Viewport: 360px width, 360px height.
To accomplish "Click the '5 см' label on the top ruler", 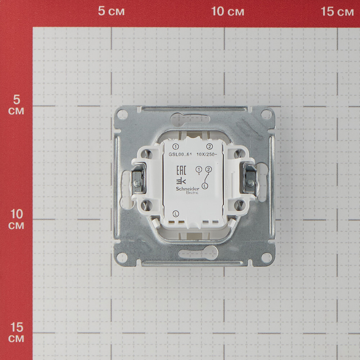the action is pyautogui.click(x=111, y=11).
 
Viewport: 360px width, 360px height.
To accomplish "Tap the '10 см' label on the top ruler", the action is pyautogui.click(x=228, y=11).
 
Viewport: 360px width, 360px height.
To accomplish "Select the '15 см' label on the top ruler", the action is pyautogui.click(x=337, y=11).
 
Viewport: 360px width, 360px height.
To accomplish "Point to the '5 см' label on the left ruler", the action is pyautogui.click(x=16, y=105).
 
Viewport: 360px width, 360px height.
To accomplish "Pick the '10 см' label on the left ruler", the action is pyautogui.click(x=16, y=219).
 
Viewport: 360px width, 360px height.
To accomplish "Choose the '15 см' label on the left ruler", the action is pyautogui.click(x=16, y=332).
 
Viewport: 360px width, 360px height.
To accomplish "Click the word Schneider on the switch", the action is pyautogui.click(x=188, y=189).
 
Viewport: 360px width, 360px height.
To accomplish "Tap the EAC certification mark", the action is pyautogui.click(x=181, y=170).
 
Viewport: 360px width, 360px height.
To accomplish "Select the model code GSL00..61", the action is pyautogui.click(x=180, y=154).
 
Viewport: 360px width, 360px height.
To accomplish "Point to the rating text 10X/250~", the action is pyautogui.click(x=207, y=154).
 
